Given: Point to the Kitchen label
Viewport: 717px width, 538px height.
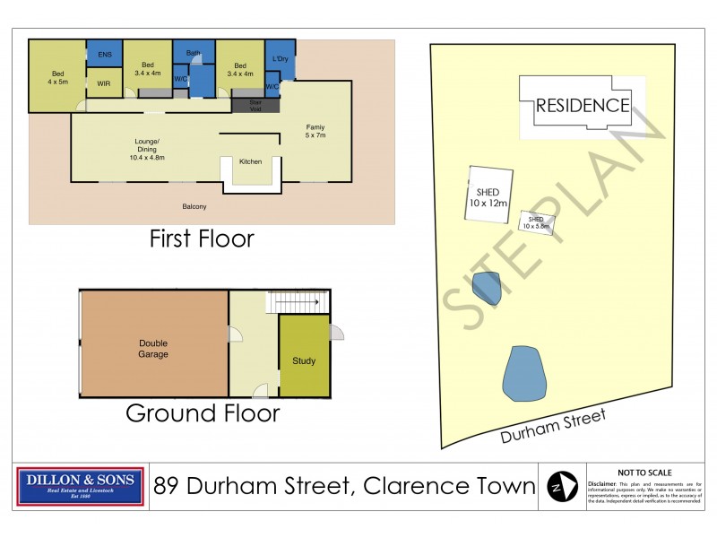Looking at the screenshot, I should click(x=250, y=161).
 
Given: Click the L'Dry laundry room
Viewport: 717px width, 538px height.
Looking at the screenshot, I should click(x=280, y=59).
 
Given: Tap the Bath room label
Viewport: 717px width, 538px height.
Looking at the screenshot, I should click(x=194, y=53).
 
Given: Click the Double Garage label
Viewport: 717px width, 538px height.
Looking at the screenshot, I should click(x=153, y=348).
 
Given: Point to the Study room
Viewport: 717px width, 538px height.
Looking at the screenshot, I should click(x=304, y=361).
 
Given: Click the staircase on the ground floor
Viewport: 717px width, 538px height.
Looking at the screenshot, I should click(x=295, y=304).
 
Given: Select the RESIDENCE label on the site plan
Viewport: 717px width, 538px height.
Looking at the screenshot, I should click(x=582, y=105).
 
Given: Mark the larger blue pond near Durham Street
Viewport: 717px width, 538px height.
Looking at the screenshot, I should click(x=524, y=375).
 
